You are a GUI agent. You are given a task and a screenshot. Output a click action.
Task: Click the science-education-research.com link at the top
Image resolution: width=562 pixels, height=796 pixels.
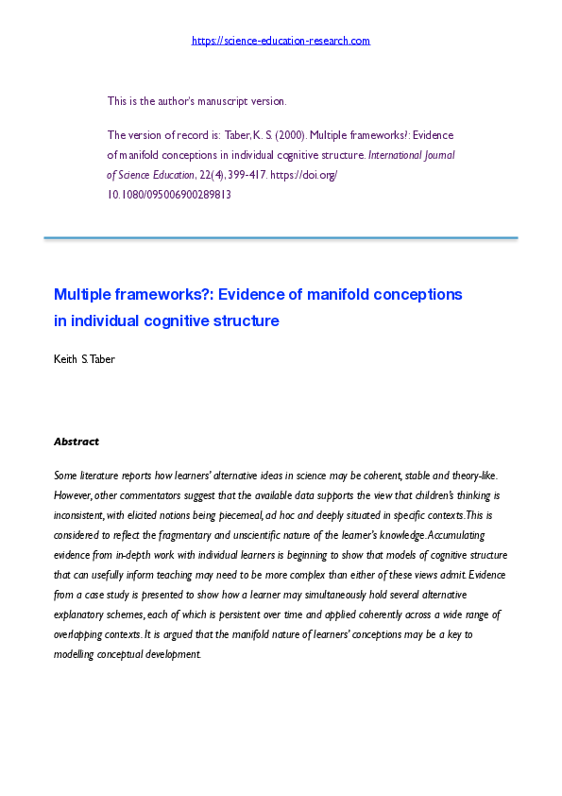tap(281, 41)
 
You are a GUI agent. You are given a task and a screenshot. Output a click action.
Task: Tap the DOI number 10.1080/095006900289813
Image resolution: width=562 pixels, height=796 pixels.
tap(169, 195)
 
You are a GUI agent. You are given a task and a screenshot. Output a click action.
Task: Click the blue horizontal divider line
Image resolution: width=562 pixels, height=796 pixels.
tap(281, 238)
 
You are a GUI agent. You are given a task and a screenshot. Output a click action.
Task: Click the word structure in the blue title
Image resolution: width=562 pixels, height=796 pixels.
tap(248, 320)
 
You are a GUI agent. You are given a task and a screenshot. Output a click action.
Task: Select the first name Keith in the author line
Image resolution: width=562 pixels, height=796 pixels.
tap(66, 359)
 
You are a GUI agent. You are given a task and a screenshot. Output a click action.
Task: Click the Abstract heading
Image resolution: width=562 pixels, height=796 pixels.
tap(76, 441)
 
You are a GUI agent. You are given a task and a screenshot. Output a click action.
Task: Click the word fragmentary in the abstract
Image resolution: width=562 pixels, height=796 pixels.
tap(205, 536)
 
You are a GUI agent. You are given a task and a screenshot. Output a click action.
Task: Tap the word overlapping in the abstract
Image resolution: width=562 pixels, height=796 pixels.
tap(86, 634)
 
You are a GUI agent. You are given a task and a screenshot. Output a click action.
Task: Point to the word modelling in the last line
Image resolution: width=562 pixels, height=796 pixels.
tap(78, 654)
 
